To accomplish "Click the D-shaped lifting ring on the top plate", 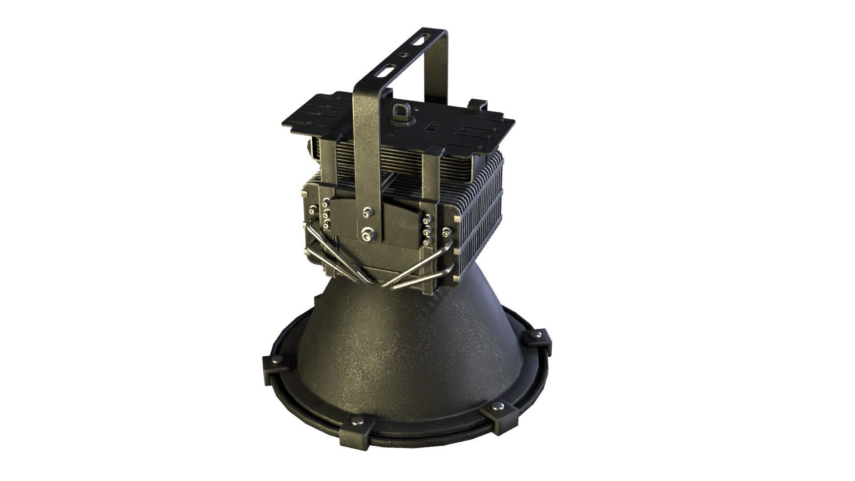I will (x=399, y=110).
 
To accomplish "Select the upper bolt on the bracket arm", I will (x=366, y=212).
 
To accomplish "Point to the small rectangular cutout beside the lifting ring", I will (x=431, y=126).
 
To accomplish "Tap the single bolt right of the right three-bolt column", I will (x=446, y=232).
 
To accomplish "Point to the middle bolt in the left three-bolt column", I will (x=326, y=212).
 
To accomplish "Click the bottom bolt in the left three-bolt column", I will (x=328, y=222).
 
